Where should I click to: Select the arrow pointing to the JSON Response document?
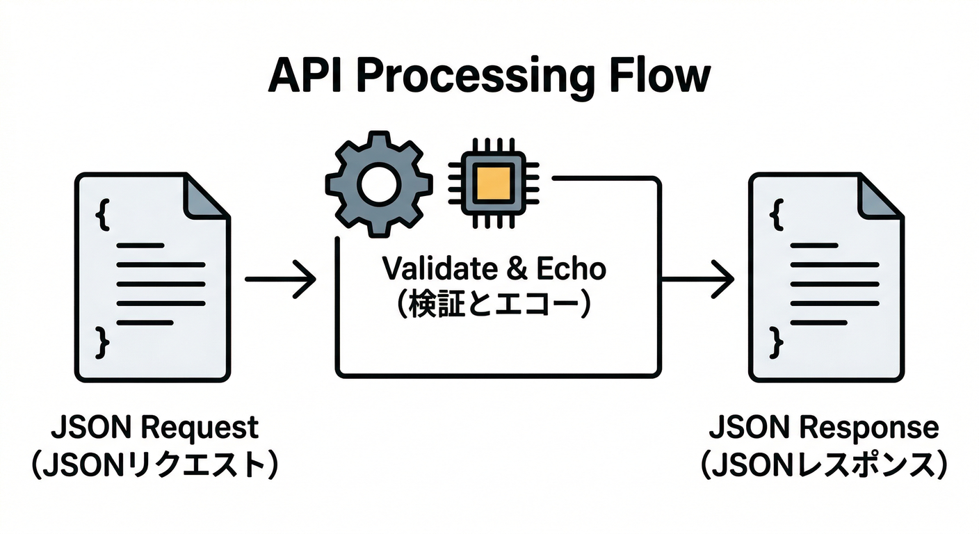[697, 280]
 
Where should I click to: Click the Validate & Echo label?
[494, 268]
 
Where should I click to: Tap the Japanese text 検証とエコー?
[494, 305]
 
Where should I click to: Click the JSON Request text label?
[154, 428]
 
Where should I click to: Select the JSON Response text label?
[823, 428]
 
